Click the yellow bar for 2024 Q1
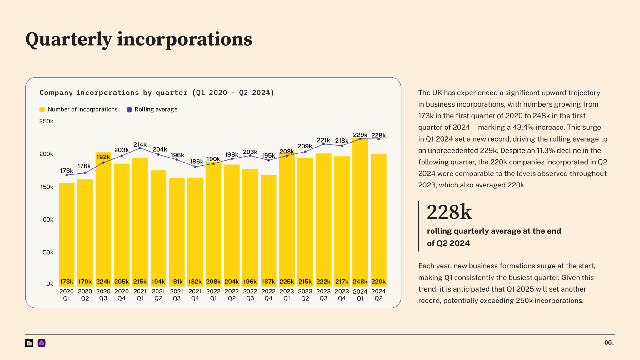pyautogui.click(x=360, y=212)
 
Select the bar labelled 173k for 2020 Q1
pyautogui.click(x=67, y=234)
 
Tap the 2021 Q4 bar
pyautogui.click(x=195, y=231)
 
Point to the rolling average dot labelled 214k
pyautogui.click(x=140, y=148)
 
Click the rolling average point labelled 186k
pyautogui.click(x=195, y=167)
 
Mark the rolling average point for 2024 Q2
pyautogui.click(x=378, y=139)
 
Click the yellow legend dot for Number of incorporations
pyautogui.click(x=42, y=109)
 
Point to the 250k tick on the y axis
pyautogui.click(x=46, y=121)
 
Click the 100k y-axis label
pyautogui.click(x=47, y=220)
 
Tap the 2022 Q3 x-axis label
pyautogui.click(x=250, y=295)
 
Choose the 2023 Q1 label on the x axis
pyautogui.click(x=287, y=295)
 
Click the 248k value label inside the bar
pyautogui.click(x=360, y=282)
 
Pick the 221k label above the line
pyautogui.click(x=323, y=140)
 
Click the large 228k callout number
pyautogui.click(x=449, y=212)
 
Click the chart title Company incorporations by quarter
pyautogui.click(x=157, y=92)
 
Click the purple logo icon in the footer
pyautogui.click(x=42, y=343)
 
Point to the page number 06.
pyautogui.click(x=609, y=342)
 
